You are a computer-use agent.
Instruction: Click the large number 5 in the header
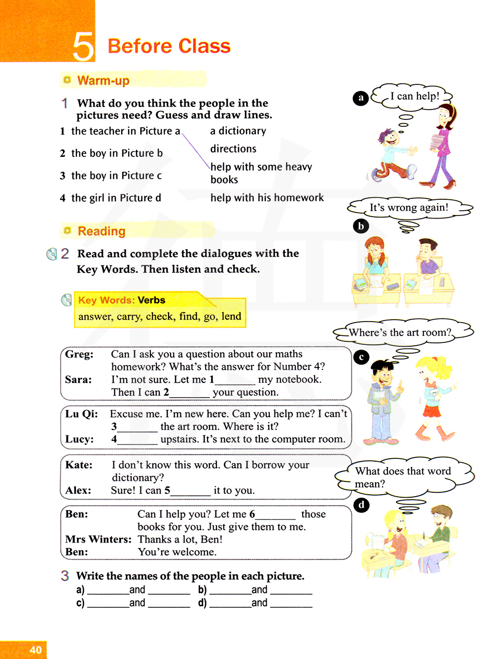click(83, 46)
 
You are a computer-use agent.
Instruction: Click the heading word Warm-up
click(103, 80)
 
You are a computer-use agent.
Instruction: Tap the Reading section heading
click(102, 231)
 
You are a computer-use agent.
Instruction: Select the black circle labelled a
click(361, 98)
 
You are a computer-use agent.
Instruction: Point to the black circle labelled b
click(361, 226)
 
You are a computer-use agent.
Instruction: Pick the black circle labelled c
click(361, 357)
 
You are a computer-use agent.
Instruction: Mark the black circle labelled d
click(361, 505)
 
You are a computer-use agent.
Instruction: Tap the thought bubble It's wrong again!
click(409, 208)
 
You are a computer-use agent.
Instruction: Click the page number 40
click(35, 650)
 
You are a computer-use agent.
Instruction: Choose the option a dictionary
click(238, 131)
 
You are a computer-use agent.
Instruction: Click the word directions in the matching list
click(233, 148)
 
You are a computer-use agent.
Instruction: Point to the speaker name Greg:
click(79, 354)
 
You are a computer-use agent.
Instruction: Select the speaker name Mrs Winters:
click(98, 539)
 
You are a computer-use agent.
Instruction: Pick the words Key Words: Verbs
click(122, 300)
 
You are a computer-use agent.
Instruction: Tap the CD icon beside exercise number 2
click(51, 254)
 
